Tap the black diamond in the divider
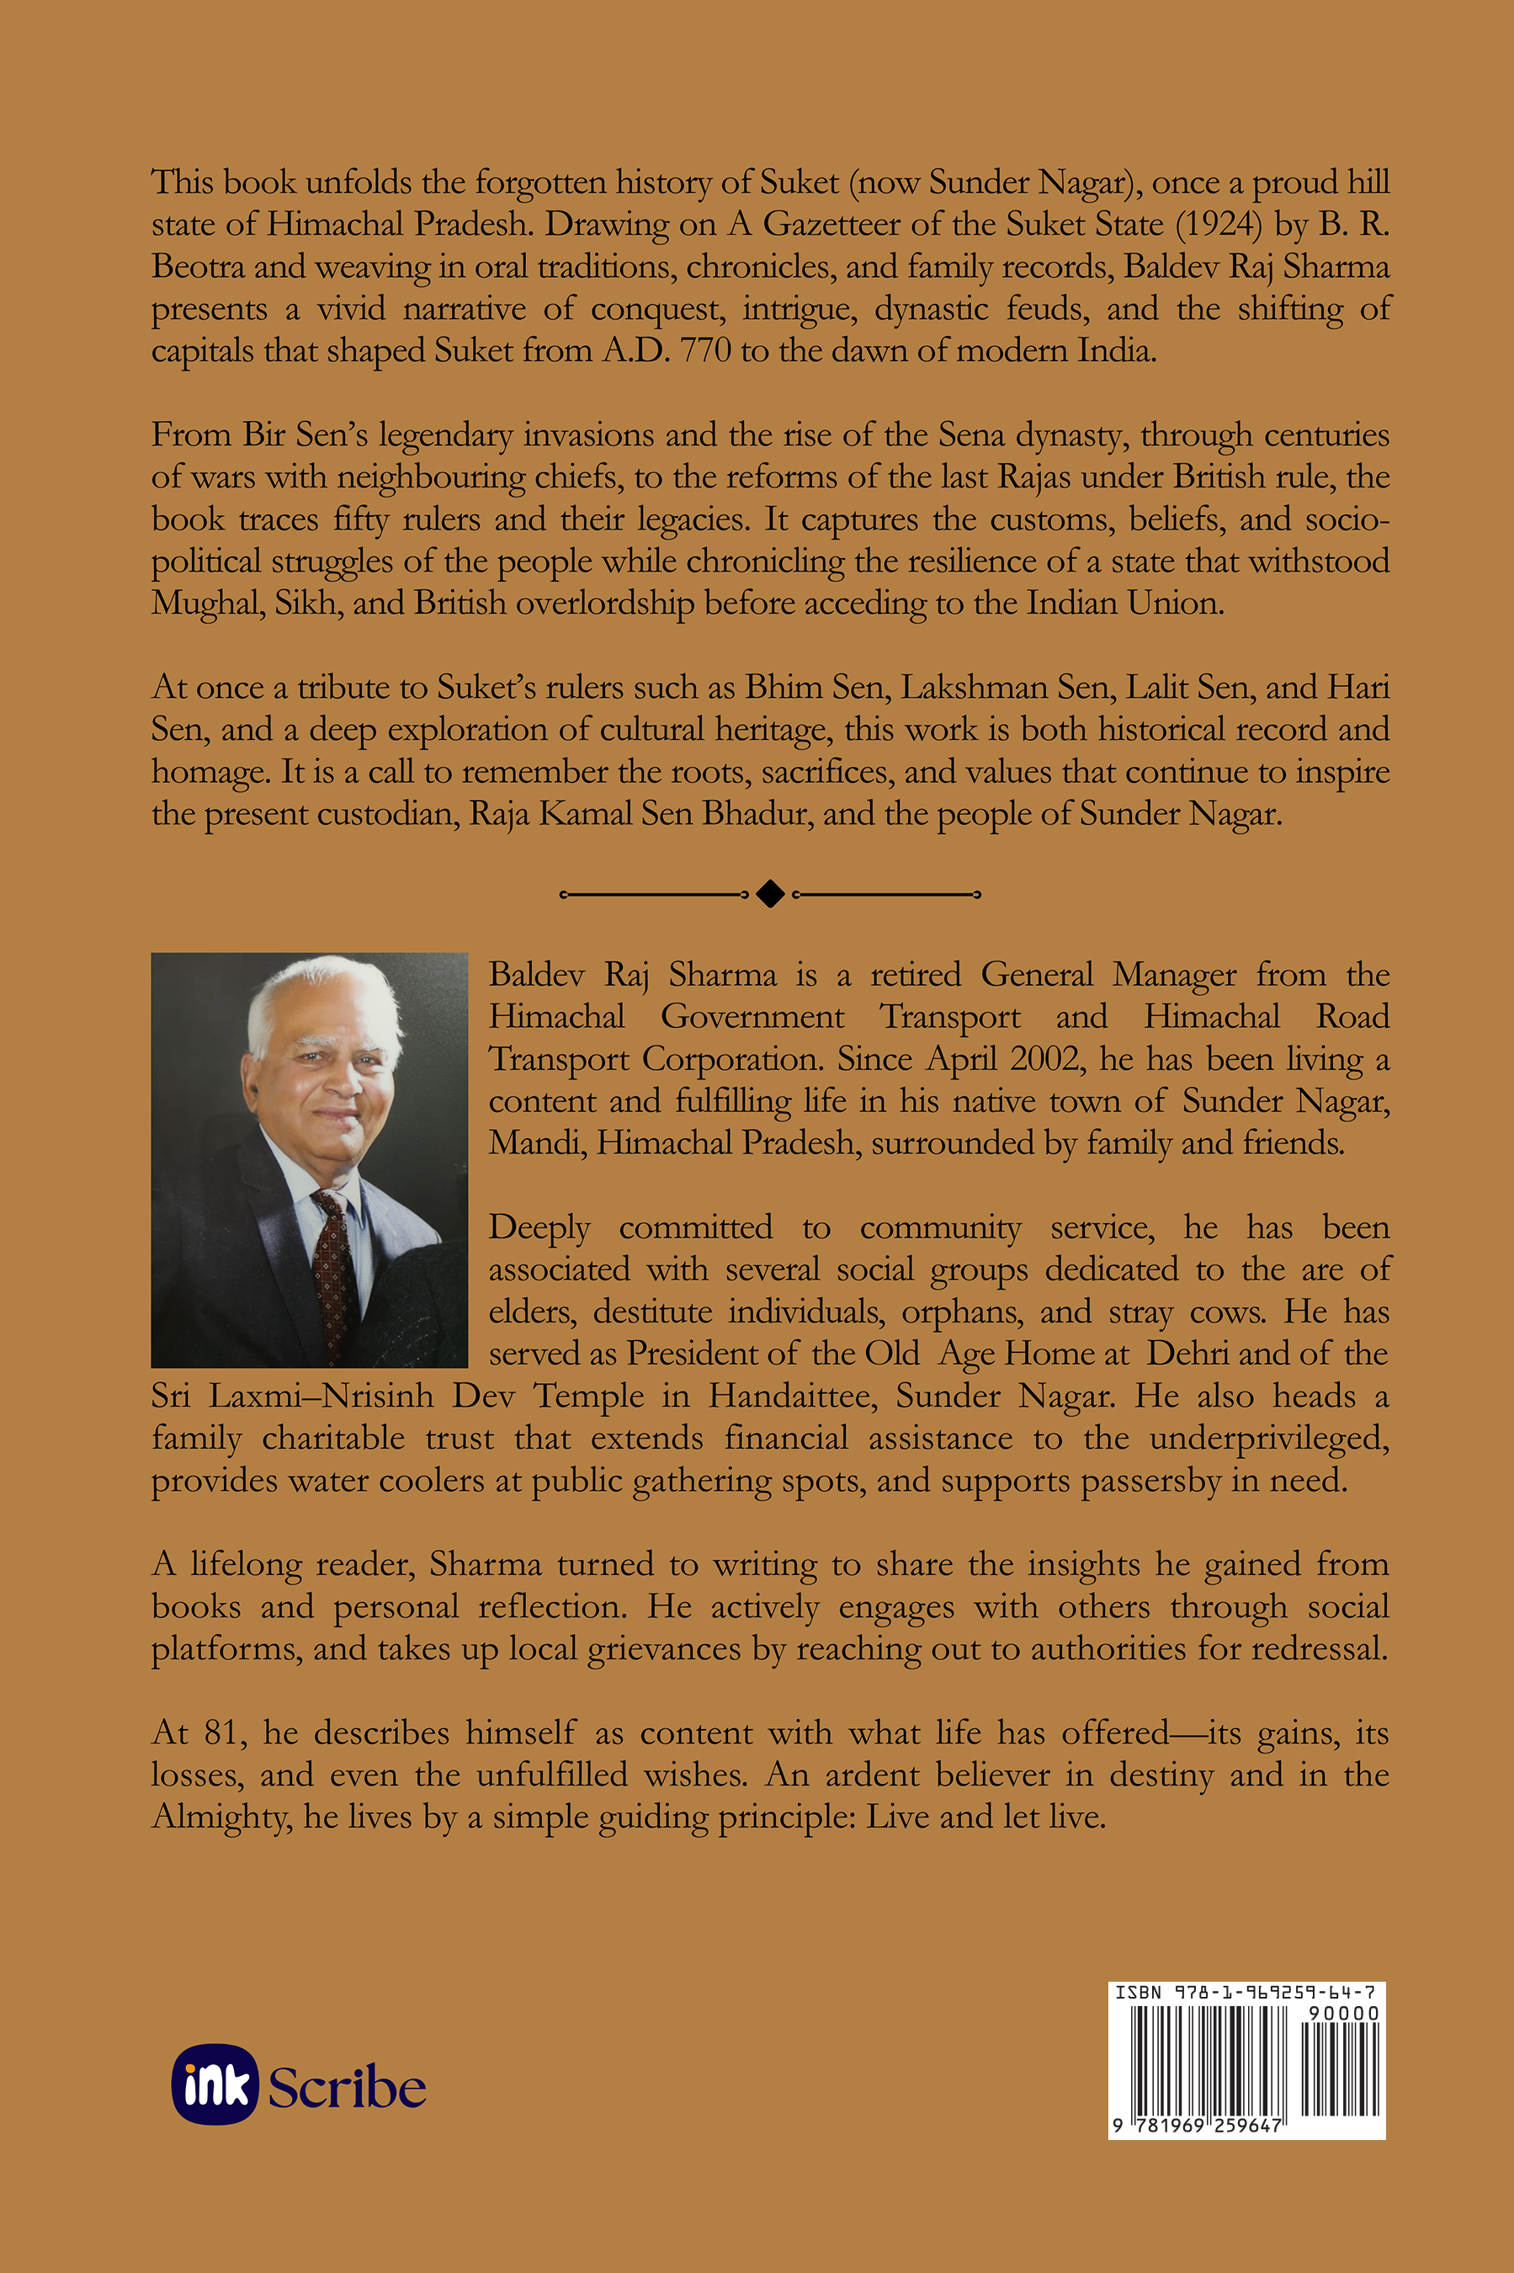(769, 894)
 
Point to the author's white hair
(319, 994)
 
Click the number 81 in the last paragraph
(220, 1733)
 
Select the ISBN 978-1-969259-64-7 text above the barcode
(1246, 1992)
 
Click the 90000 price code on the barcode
(1343, 2012)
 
